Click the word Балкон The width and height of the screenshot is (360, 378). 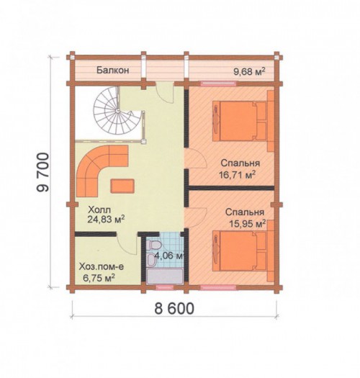coord(113,71)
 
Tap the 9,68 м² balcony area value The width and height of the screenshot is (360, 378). coord(250,71)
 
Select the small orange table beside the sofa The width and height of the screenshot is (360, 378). coord(122,186)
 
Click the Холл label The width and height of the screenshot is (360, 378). coord(99,210)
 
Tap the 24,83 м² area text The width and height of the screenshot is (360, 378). coord(106,220)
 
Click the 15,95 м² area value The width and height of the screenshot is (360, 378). coord(247,224)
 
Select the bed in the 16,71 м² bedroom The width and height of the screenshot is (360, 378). coord(240,121)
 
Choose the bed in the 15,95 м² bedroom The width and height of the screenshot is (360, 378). coord(240,252)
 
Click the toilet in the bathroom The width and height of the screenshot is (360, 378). coord(153,246)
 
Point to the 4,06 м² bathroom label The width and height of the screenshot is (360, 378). coord(168,256)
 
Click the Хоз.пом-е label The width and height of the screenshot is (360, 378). coord(102,267)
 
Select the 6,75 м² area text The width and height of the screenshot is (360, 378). coord(99,278)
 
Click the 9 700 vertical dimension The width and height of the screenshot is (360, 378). coord(43,172)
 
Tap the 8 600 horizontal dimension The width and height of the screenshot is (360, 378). coord(174,309)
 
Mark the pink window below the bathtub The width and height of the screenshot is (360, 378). coord(164,287)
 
